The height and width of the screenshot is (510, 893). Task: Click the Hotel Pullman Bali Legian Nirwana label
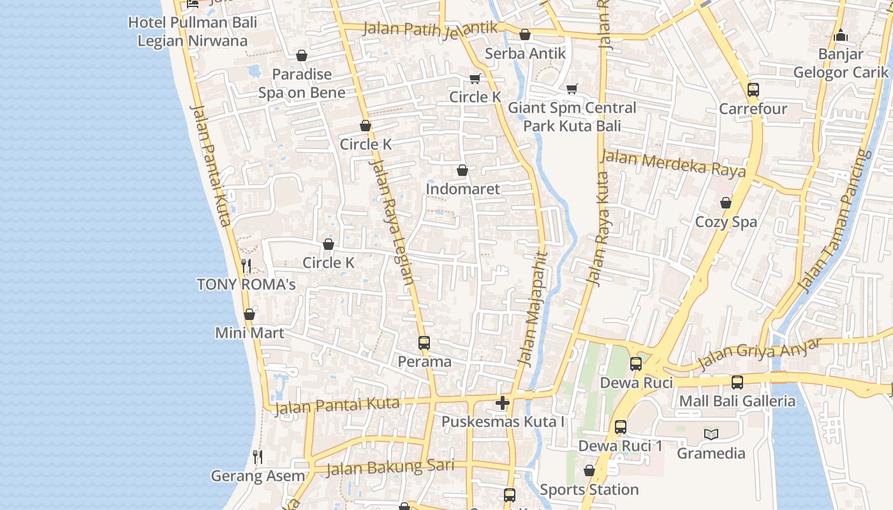pyautogui.click(x=193, y=32)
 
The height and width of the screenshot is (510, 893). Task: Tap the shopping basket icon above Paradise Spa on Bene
pyautogui.click(x=302, y=55)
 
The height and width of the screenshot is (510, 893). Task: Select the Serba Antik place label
pyautogui.click(x=525, y=54)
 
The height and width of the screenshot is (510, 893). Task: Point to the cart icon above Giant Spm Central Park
pyautogui.click(x=572, y=89)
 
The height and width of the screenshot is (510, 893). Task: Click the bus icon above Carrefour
pyautogui.click(x=753, y=90)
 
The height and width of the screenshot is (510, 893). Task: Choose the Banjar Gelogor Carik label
pyautogui.click(x=840, y=63)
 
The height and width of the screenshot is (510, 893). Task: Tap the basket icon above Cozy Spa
pyautogui.click(x=726, y=203)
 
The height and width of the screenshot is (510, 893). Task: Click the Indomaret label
pyautogui.click(x=462, y=189)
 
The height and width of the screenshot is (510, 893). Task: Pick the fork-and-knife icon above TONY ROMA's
pyautogui.click(x=247, y=265)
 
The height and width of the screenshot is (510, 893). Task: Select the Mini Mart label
pyautogui.click(x=249, y=333)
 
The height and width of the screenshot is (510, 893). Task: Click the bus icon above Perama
pyautogui.click(x=424, y=343)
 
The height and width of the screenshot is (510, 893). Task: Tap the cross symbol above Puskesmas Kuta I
pyautogui.click(x=503, y=403)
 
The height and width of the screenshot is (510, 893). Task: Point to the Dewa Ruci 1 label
pyautogui.click(x=620, y=446)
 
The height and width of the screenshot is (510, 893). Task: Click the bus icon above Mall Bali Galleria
pyautogui.click(x=737, y=382)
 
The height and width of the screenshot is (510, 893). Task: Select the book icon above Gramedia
pyautogui.click(x=711, y=435)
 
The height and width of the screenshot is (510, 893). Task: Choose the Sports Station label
pyautogui.click(x=589, y=490)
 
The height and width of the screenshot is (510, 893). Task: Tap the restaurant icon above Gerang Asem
pyautogui.click(x=257, y=456)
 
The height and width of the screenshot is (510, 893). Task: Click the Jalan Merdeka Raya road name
pyautogui.click(x=674, y=163)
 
